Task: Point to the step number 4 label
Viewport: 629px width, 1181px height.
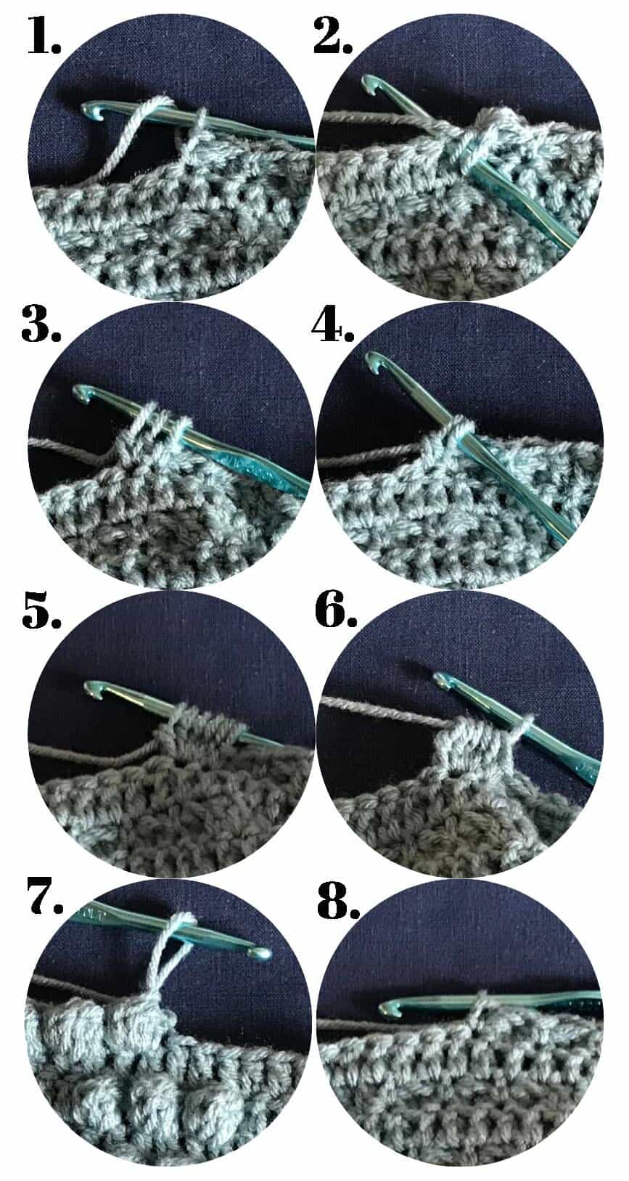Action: [x=332, y=324]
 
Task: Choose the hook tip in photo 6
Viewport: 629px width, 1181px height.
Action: [x=441, y=679]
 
